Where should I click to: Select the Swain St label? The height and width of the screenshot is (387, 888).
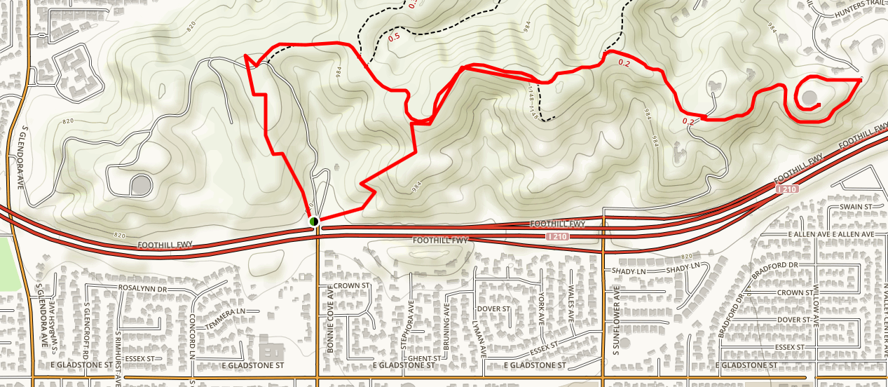859,208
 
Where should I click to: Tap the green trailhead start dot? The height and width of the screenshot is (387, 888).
313,222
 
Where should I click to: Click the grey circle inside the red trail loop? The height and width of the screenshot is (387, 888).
809,97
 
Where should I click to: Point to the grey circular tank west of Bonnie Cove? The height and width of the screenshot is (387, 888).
141,185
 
